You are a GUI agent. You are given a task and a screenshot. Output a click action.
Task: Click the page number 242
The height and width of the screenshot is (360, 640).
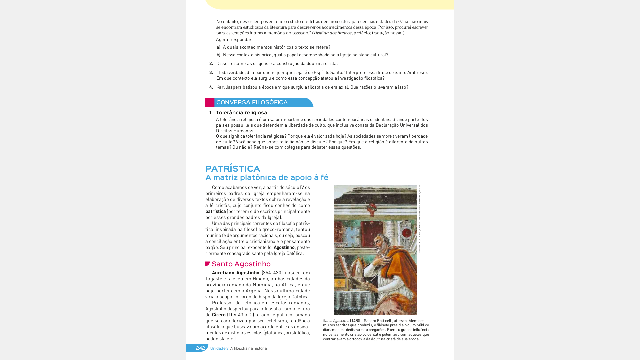(200, 348)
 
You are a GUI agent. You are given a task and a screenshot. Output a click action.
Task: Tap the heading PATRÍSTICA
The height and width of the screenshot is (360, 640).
(233, 169)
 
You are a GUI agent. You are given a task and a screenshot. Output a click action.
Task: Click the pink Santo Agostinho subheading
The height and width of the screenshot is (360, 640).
(241, 264)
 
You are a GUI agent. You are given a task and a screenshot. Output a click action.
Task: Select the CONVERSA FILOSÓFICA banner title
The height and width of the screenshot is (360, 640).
(252, 102)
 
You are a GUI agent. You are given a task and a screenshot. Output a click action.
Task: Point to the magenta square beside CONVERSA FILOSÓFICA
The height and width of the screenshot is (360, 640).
(210, 102)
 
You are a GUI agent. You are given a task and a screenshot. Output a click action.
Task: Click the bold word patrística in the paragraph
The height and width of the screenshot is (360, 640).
(216, 212)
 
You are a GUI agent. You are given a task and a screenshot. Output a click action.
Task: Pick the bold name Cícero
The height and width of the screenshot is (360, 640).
(219, 315)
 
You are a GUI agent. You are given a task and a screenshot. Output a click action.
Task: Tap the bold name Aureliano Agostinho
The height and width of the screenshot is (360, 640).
(236, 273)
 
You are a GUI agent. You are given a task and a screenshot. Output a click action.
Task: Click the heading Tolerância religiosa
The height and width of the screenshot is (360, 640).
(242, 113)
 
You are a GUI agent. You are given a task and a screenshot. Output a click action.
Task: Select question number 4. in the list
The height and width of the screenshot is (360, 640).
(211, 87)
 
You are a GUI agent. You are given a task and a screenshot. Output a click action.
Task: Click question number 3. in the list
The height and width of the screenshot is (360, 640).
(211, 73)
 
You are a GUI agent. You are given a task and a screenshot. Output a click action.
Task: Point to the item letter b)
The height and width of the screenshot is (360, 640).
(218, 55)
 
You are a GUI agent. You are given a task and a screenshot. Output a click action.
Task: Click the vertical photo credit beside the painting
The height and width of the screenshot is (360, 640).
(420, 219)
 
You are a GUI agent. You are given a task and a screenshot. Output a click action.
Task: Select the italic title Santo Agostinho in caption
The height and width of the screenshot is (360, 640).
(336, 321)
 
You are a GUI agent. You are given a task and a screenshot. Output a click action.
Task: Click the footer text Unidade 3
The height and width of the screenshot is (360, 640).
(219, 349)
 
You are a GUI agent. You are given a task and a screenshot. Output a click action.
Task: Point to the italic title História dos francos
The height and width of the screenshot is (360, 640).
(332, 33)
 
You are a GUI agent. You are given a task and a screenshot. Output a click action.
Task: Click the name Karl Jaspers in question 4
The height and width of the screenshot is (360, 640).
(229, 87)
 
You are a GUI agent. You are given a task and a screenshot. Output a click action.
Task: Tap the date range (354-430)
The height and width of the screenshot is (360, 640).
(272, 273)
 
